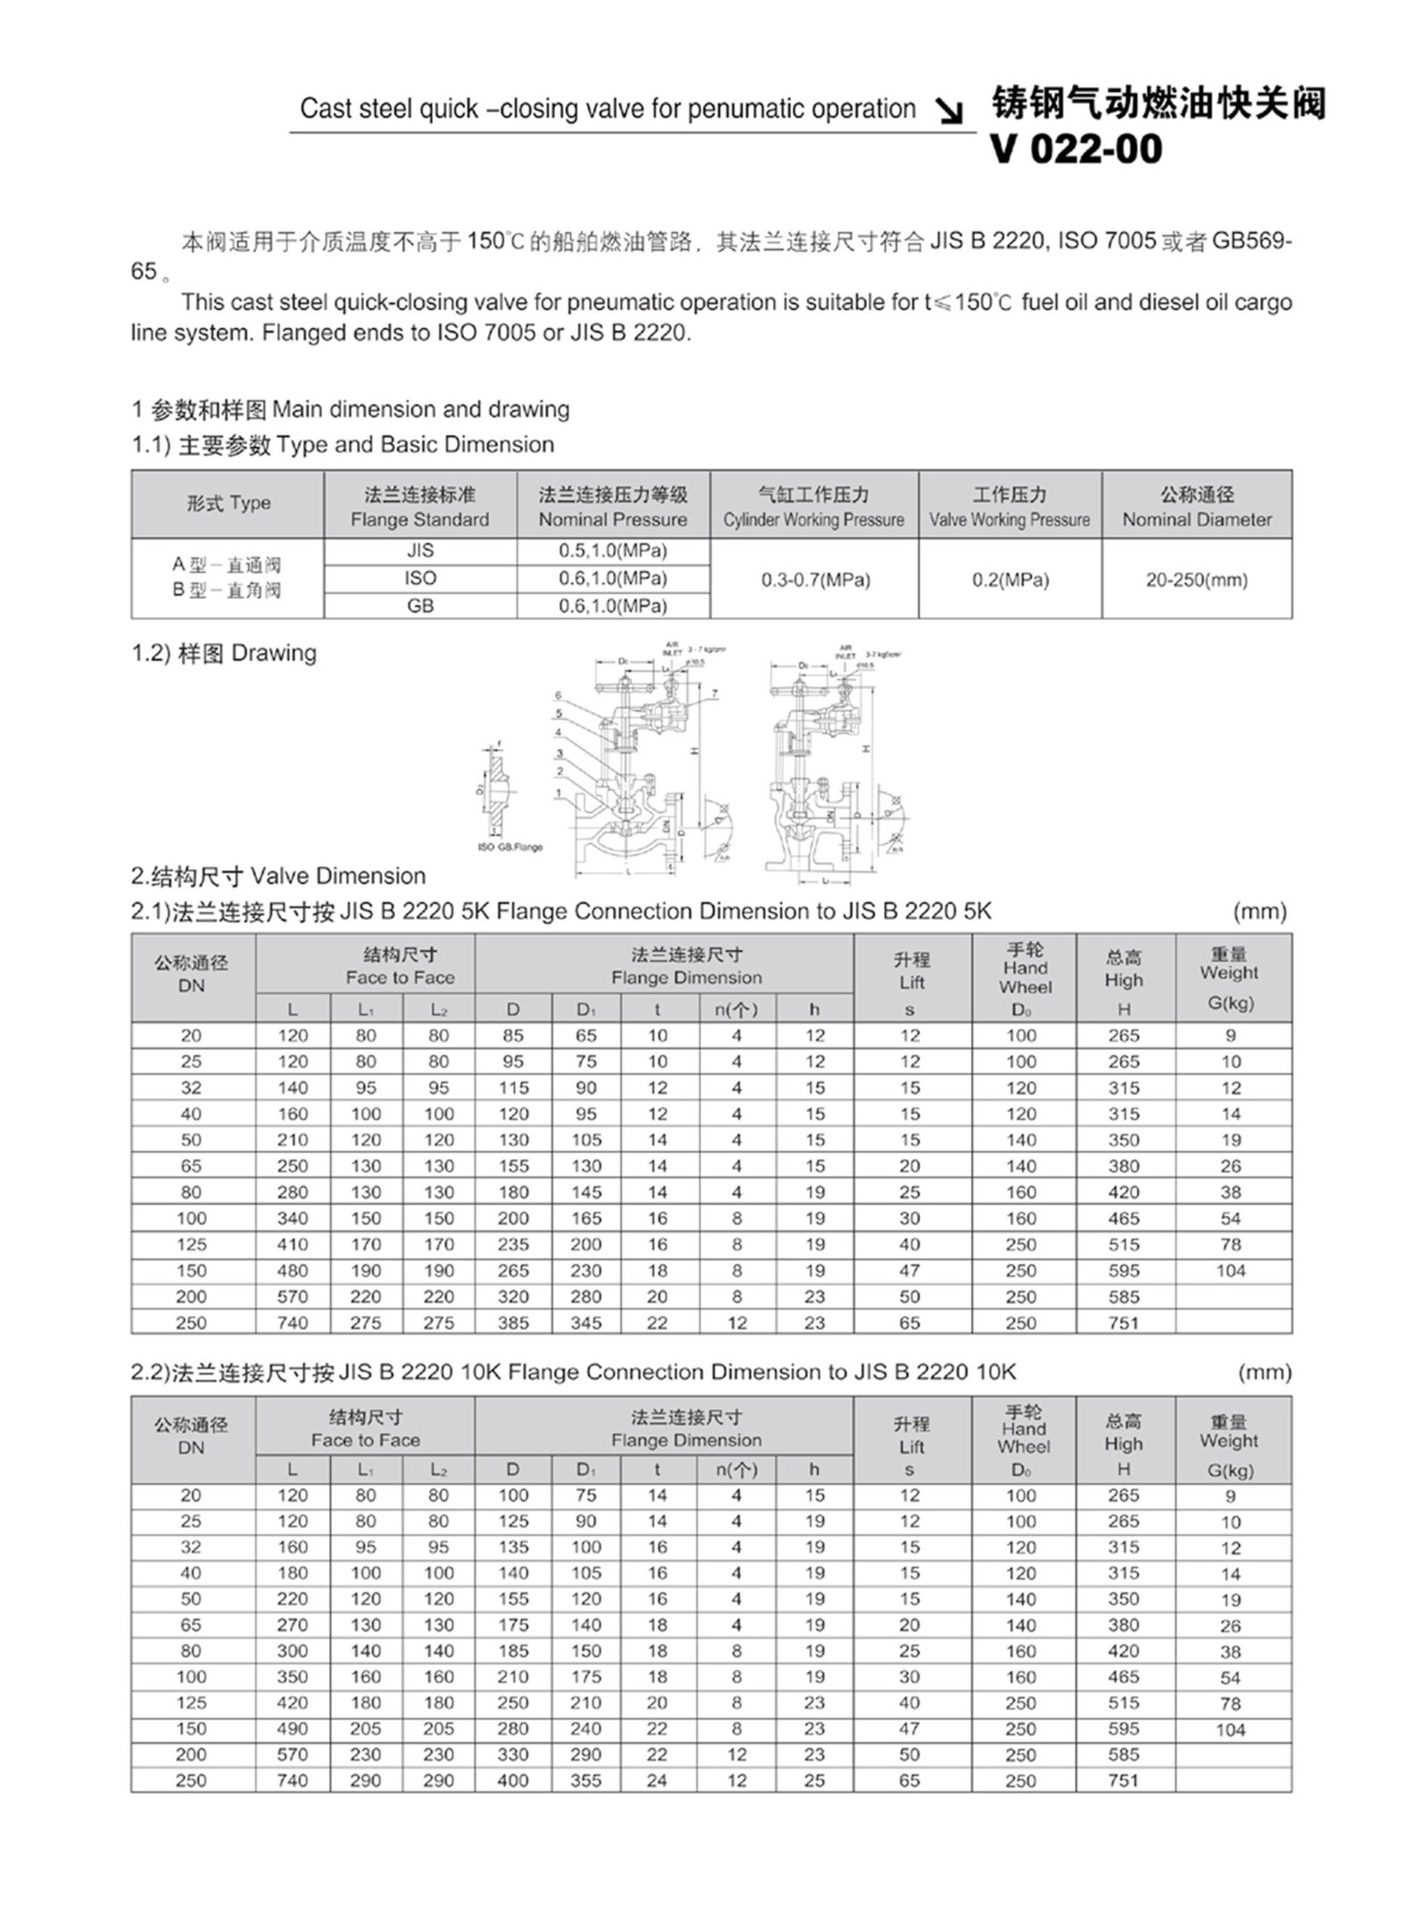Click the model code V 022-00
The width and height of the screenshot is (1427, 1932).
click(x=1076, y=149)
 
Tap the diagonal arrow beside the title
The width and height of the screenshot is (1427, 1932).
click(x=953, y=111)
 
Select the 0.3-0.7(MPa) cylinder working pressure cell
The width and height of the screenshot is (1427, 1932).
click(x=815, y=580)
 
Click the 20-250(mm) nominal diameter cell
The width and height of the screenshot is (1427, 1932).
click(x=1197, y=580)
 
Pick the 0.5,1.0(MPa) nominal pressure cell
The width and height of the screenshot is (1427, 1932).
click(x=613, y=550)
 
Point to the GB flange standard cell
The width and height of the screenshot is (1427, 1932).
click(x=420, y=606)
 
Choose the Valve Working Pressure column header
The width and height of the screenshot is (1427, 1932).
click(x=1010, y=506)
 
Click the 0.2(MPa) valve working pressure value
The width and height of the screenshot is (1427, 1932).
click(x=1010, y=580)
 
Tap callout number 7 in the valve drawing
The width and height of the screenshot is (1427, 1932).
click(x=714, y=693)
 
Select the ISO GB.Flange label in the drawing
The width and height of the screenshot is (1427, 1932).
click(x=510, y=846)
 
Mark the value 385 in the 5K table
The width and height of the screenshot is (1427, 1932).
click(x=513, y=1323)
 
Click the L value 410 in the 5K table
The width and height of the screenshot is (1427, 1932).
click(x=293, y=1244)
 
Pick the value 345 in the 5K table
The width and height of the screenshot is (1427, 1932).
click(x=586, y=1323)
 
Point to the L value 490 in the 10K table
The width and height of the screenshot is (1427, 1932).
click(x=293, y=1729)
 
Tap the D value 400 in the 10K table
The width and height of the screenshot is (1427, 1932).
click(x=513, y=1780)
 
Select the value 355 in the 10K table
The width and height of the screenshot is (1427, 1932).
click(x=586, y=1780)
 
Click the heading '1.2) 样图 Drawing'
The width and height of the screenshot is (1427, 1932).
click(x=224, y=653)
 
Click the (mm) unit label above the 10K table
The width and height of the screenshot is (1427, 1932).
click(x=1265, y=1372)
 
